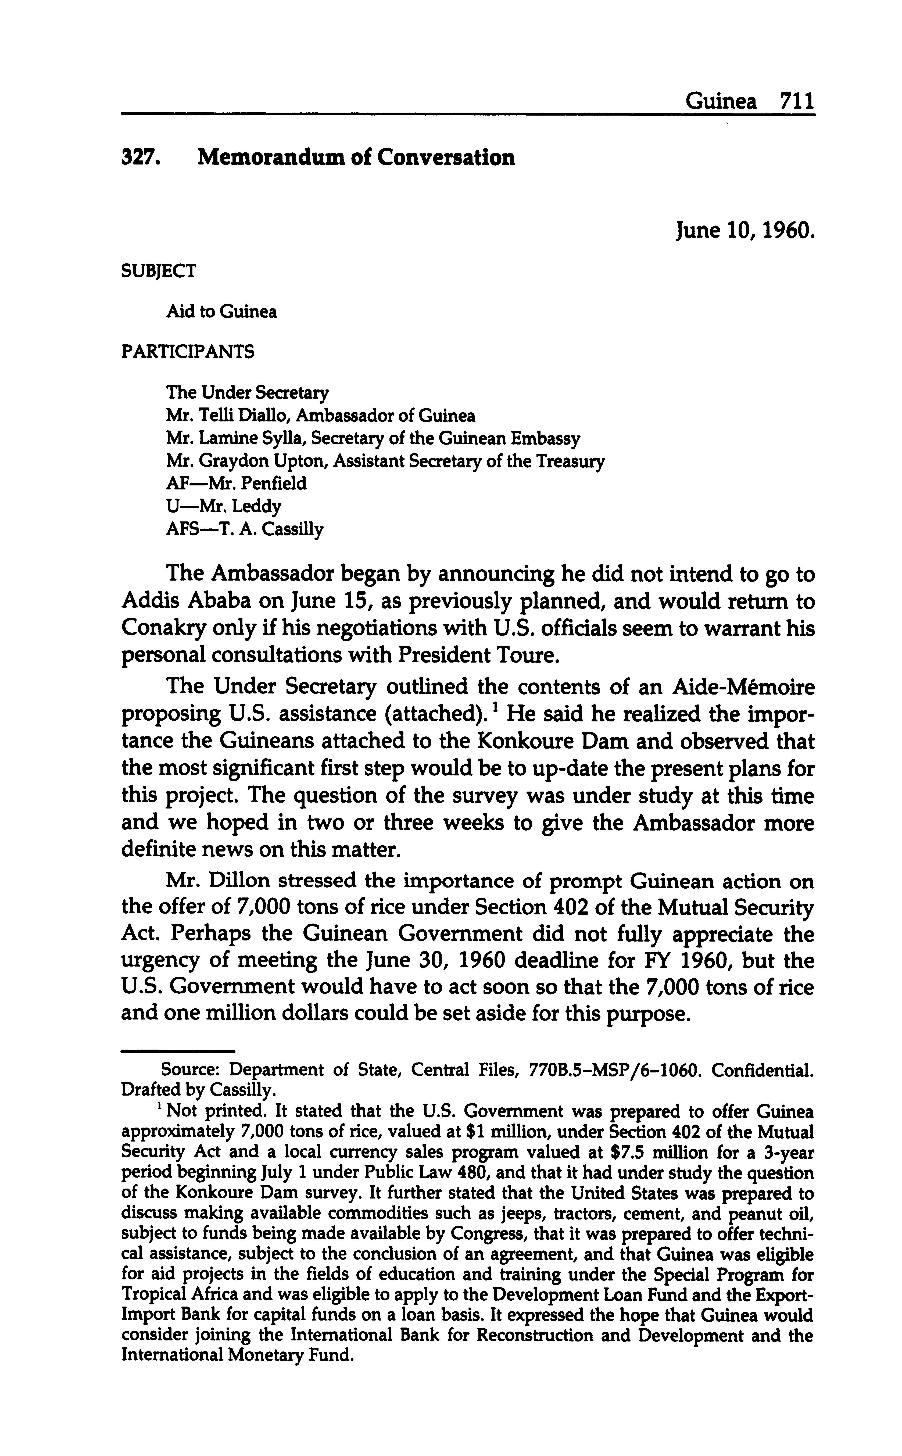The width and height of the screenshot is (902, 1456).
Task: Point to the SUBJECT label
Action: coord(158,271)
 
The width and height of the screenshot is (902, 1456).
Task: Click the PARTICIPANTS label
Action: coord(187,352)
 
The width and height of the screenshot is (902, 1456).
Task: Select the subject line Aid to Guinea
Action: coord(221,311)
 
